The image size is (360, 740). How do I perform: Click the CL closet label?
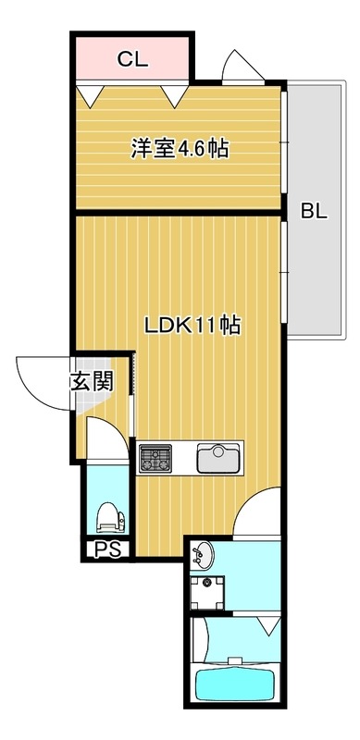click(x=132, y=60)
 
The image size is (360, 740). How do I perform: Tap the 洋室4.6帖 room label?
click(x=180, y=147)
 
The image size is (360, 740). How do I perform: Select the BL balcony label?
click(x=313, y=211)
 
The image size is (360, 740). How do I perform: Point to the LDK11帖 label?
click(x=192, y=326)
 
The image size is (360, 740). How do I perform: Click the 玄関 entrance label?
click(x=91, y=381)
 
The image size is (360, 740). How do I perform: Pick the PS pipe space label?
click(x=107, y=550)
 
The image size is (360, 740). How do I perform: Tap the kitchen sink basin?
click(x=220, y=457)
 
